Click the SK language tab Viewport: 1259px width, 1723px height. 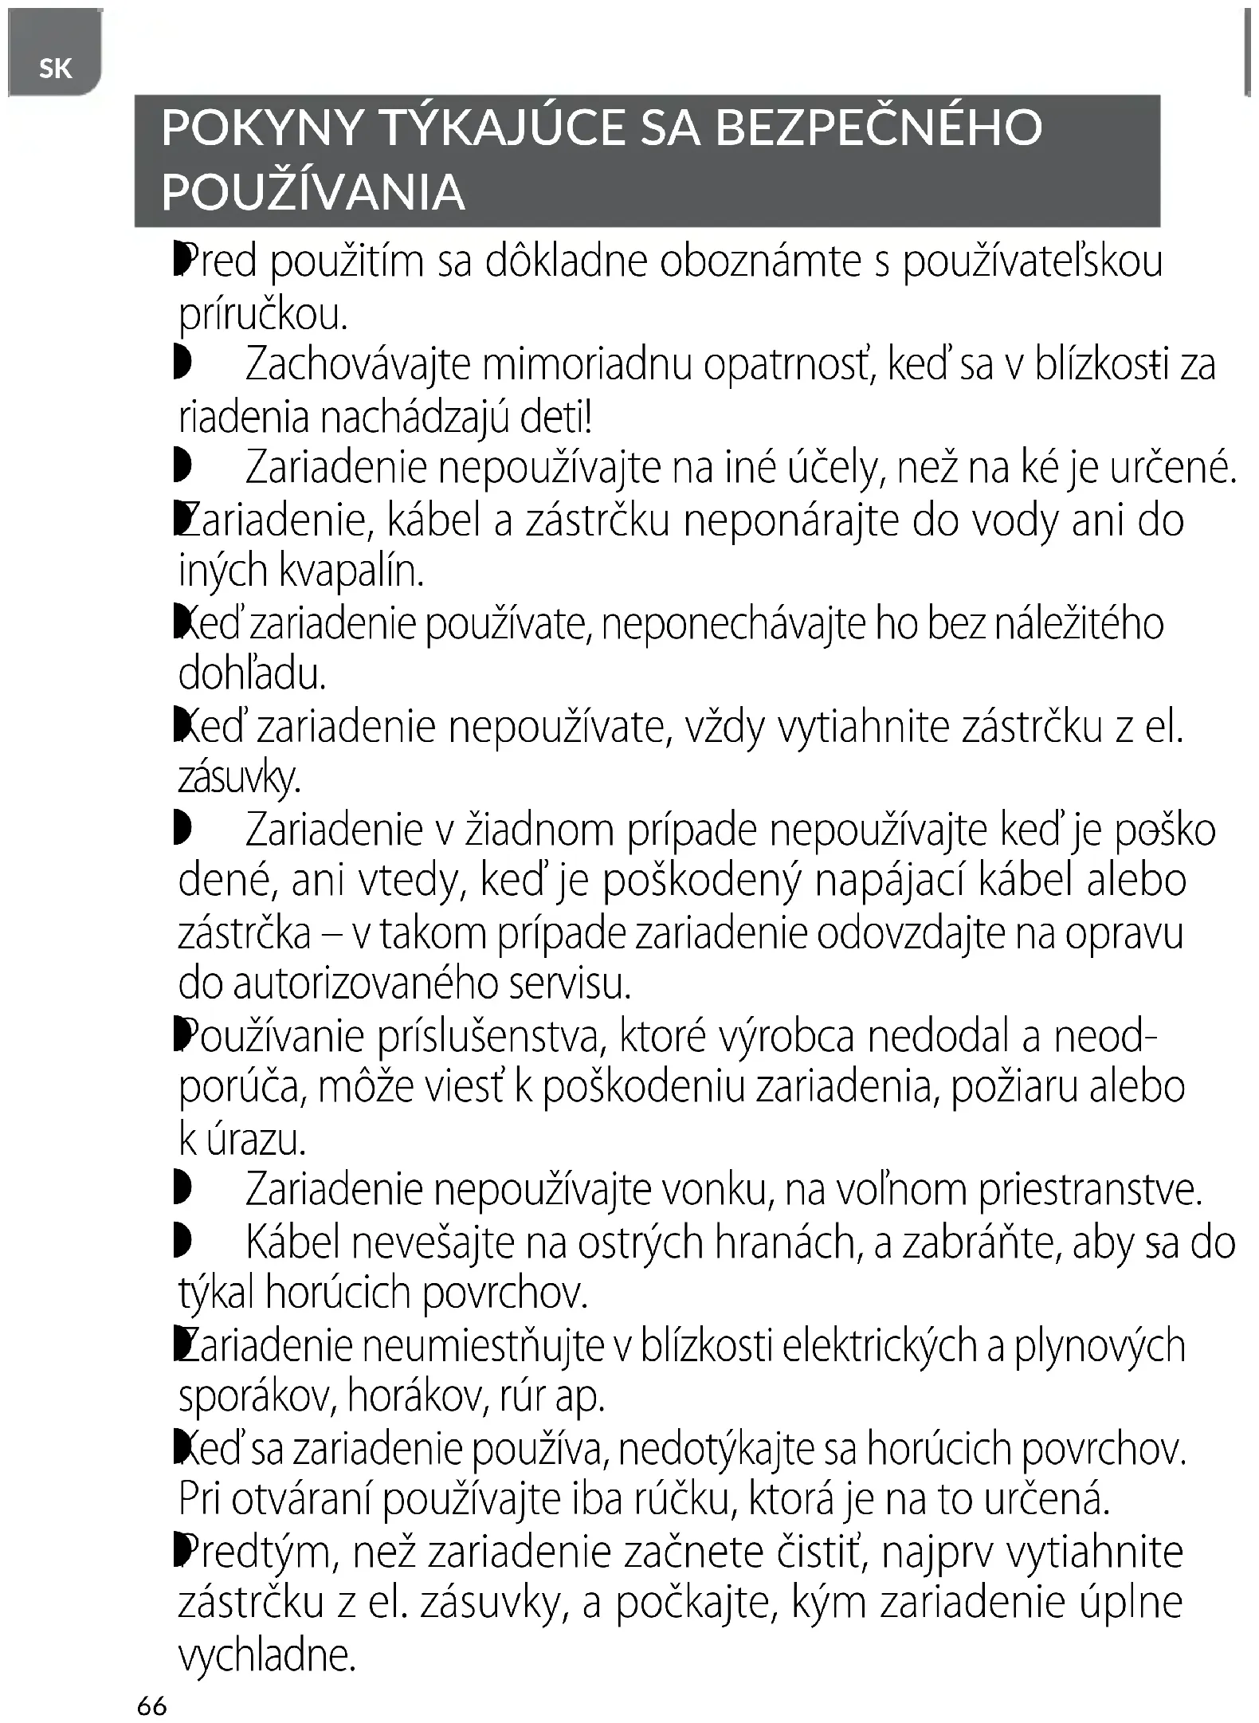tap(55, 69)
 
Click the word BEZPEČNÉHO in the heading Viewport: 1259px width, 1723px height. tap(878, 128)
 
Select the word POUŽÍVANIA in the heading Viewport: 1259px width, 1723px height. tap(313, 192)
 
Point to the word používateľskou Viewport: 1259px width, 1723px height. tap(1033, 262)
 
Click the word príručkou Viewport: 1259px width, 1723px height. tap(263, 316)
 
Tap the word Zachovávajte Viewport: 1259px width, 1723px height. tap(358, 365)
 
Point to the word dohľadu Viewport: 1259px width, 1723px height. tap(252, 675)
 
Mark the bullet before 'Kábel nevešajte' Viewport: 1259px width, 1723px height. tap(182, 1242)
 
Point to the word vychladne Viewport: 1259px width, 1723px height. tap(266, 1655)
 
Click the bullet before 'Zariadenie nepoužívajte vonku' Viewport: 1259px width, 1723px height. tap(182, 1190)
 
